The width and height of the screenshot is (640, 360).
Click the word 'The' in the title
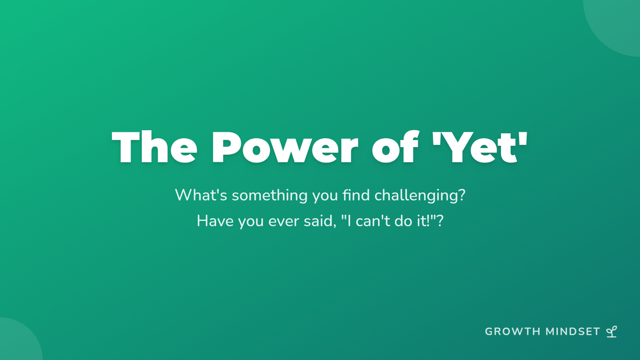click(x=155, y=147)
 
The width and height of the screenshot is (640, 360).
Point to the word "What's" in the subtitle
click(x=201, y=195)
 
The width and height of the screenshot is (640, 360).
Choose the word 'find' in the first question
click(x=356, y=195)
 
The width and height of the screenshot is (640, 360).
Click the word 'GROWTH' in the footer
click(x=513, y=332)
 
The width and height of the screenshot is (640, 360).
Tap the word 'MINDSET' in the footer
click(x=573, y=332)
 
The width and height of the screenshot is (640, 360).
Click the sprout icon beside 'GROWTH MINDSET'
click(x=612, y=332)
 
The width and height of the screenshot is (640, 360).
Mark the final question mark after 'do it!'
click(x=441, y=221)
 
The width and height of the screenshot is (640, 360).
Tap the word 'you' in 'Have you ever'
click(x=251, y=223)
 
